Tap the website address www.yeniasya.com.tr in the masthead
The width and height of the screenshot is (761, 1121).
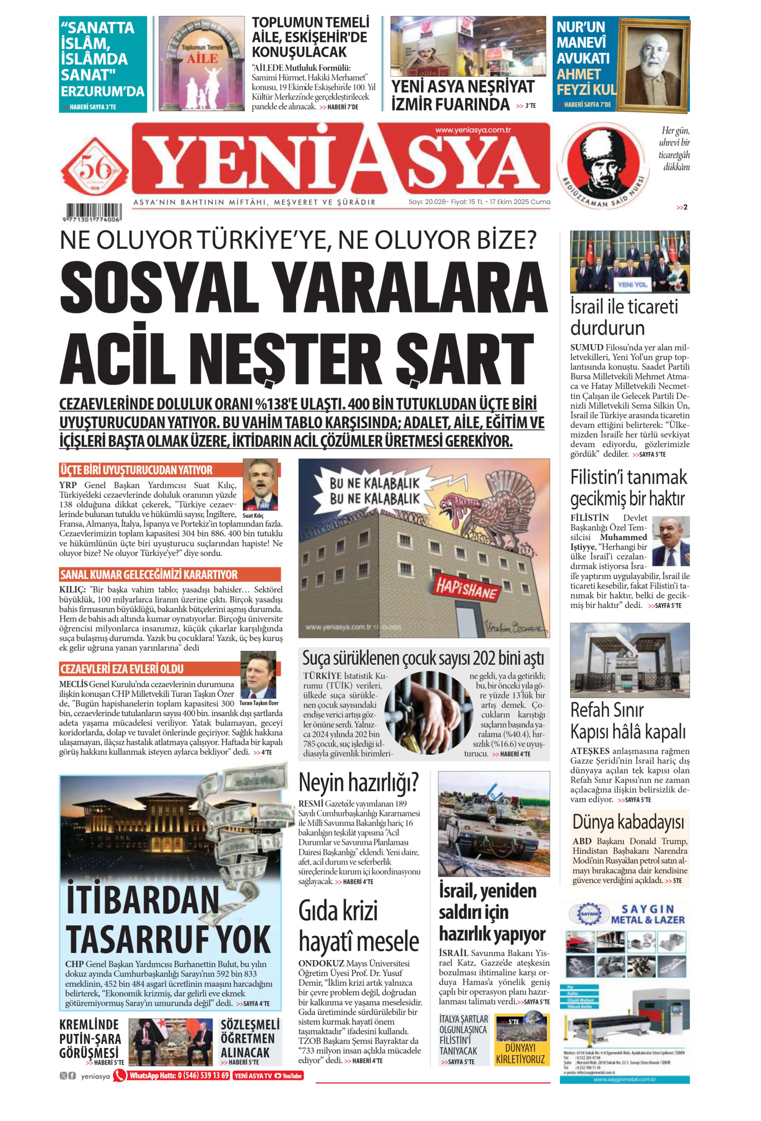(473, 130)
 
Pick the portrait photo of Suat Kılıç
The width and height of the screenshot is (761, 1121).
(260, 484)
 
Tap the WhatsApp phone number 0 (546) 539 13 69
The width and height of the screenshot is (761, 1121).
(203, 1076)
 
